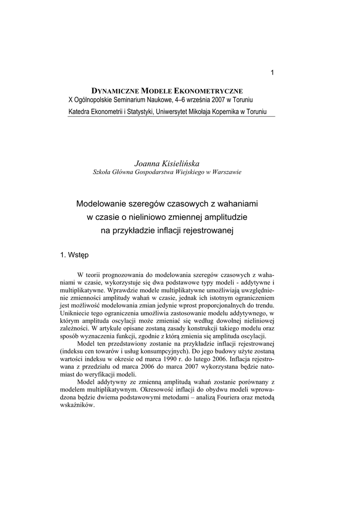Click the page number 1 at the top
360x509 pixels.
tap(272, 73)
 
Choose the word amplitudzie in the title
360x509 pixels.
tap(225, 217)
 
